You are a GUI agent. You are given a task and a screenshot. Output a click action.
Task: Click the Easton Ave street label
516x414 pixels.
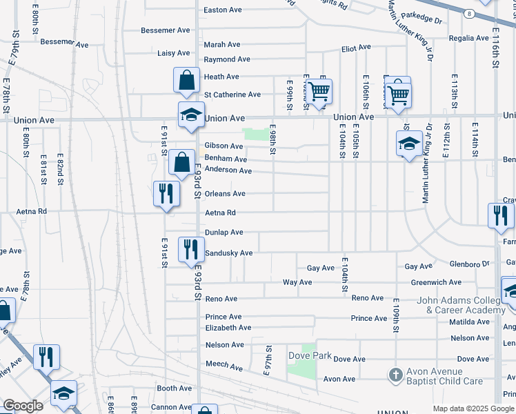point(223,10)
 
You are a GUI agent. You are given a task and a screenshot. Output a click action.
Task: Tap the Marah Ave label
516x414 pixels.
point(221,45)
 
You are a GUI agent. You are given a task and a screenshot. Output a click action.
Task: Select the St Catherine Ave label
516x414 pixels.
point(232,95)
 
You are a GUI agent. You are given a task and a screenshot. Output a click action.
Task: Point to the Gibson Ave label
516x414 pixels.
point(224,146)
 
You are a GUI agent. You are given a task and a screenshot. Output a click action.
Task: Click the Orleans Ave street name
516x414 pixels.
point(225,194)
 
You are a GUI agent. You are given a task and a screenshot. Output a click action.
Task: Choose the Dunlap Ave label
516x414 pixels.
point(224,233)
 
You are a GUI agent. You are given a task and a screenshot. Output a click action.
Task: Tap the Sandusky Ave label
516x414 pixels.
point(229,253)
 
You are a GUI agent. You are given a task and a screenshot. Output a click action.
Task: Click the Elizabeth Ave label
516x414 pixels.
point(228,328)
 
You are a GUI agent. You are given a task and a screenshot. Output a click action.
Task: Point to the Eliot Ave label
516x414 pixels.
point(357,48)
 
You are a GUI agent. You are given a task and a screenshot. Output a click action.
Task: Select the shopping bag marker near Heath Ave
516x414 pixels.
point(186,80)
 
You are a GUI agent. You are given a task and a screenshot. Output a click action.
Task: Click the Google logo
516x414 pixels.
point(23,406)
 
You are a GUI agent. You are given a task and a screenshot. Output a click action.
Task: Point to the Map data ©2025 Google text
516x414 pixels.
point(474,408)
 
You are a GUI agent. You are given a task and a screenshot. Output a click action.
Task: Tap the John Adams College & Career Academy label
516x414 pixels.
point(462,305)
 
